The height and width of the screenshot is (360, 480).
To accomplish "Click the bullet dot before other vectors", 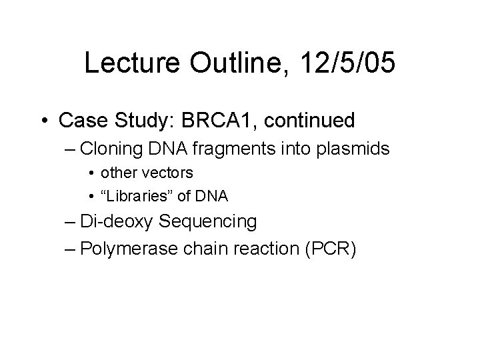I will click(x=90, y=173).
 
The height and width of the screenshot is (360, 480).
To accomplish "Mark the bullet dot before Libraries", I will click(x=90, y=197).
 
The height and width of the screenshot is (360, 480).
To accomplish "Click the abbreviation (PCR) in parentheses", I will click(x=333, y=249).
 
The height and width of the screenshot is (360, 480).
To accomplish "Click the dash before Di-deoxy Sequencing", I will click(x=84, y=221).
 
